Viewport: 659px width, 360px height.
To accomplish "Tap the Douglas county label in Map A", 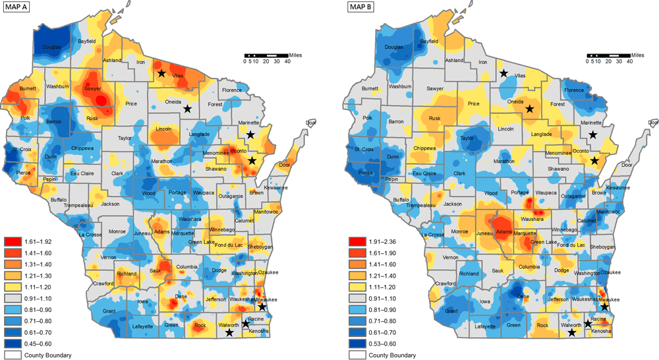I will [x=52, y=47].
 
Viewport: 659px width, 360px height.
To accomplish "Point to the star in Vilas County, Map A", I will [x=161, y=73].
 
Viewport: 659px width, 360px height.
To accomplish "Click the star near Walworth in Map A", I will [x=229, y=333].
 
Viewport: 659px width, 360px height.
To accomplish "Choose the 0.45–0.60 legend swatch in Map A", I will [x=13, y=344].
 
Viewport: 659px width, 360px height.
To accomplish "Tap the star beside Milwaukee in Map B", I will [x=604, y=307].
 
